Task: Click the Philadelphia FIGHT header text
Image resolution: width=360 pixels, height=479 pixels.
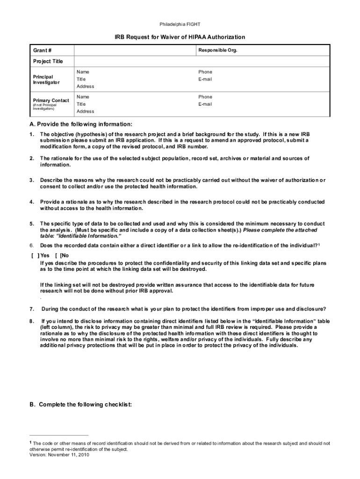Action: pyautogui.click(x=180, y=24)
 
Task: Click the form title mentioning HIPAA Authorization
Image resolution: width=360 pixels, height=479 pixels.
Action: pyautogui.click(x=180, y=37)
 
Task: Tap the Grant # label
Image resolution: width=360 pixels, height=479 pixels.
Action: pyautogui.click(x=42, y=50)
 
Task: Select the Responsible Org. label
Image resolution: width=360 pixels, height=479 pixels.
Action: pyautogui.click(x=218, y=50)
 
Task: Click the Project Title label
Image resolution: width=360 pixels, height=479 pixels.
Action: pyautogui.click(x=48, y=61)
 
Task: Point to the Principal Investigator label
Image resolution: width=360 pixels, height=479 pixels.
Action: pyautogui.click(x=46, y=80)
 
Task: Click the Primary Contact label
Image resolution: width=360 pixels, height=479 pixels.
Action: pyautogui.click(x=50, y=101)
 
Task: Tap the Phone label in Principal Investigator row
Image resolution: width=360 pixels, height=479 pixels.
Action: pyautogui.click(x=205, y=72)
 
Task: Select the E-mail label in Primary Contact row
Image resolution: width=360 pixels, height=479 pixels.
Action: pyautogui.click(x=205, y=104)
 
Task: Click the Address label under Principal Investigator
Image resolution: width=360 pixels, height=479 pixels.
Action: pyautogui.click(x=85, y=87)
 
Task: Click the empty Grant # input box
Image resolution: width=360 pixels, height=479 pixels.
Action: pyautogui.click(x=133, y=50)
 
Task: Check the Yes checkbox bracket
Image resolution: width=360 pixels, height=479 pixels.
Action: pyautogui.click(x=34, y=255)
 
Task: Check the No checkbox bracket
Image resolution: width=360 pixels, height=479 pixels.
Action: pyautogui.click(x=58, y=255)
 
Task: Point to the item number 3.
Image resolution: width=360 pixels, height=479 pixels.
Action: pyautogui.click(x=31, y=180)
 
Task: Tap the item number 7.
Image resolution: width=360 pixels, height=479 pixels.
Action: pyautogui.click(x=31, y=309)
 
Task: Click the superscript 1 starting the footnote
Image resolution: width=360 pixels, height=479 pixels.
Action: pyautogui.click(x=31, y=442)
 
